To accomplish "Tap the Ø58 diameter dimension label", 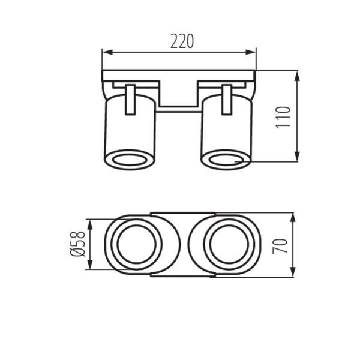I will [78, 245].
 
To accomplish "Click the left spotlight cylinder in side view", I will [130, 129].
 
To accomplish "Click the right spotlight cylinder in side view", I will [226, 129].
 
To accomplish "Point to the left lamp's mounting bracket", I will [130, 100].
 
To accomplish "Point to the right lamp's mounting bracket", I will [226, 100].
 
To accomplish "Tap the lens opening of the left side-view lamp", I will [130, 160].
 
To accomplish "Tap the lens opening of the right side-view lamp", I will [226, 160].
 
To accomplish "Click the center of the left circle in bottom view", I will [139, 245].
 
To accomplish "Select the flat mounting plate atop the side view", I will [179, 76].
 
